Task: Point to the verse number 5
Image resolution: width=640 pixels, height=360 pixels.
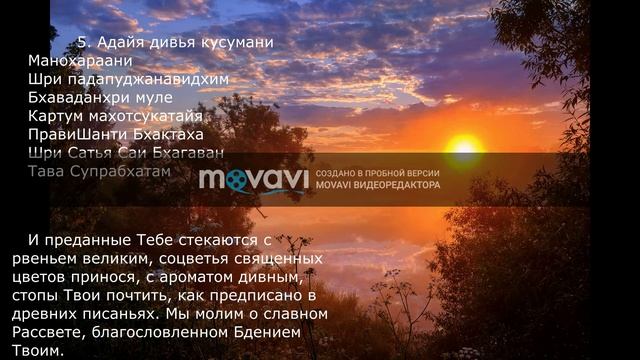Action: (83, 43)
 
